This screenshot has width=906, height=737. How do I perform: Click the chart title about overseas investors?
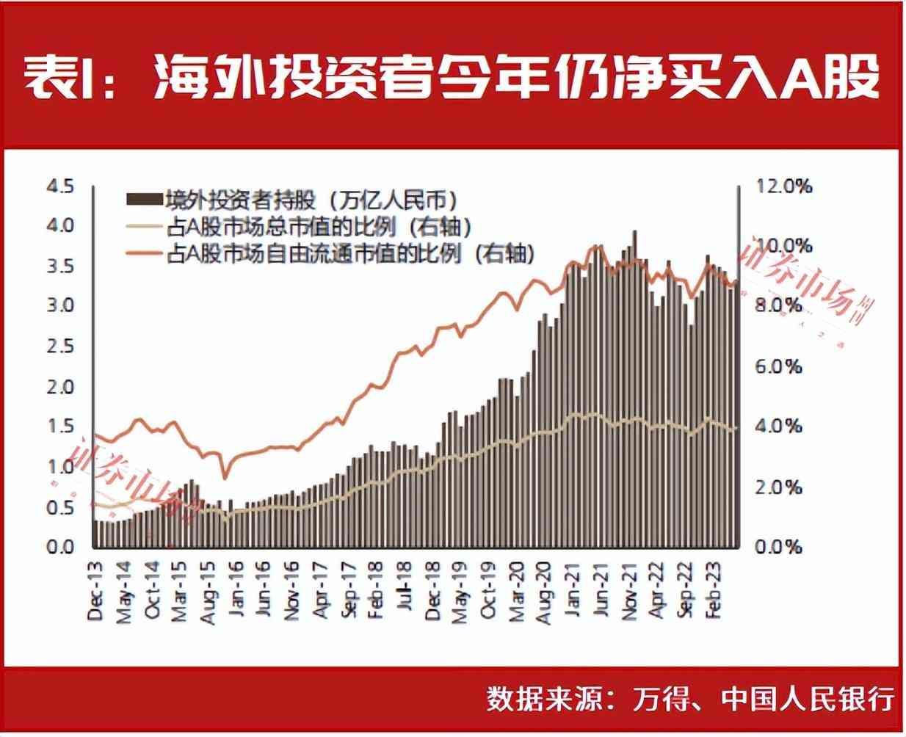pyautogui.click(x=452, y=77)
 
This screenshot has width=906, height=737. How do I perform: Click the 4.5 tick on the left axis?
pyautogui.click(x=60, y=186)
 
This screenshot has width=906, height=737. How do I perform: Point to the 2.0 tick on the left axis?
pyautogui.click(x=60, y=386)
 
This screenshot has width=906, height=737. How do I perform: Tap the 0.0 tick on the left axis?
pyautogui.click(x=60, y=547)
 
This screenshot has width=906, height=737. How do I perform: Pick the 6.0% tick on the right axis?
pyautogui.click(x=780, y=366)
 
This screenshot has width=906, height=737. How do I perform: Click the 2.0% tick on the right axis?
pyautogui.click(x=780, y=487)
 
